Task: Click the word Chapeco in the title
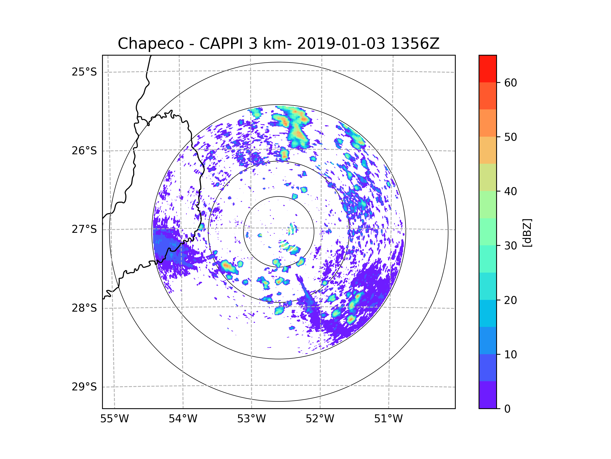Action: click(x=150, y=44)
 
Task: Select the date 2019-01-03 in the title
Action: click(x=341, y=44)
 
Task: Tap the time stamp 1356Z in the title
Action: click(x=415, y=44)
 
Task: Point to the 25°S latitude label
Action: click(x=84, y=72)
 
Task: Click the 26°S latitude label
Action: click(x=84, y=151)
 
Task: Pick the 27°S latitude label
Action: click(x=84, y=229)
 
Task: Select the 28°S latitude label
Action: click(x=84, y=308)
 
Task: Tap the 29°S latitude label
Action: click(x=84, y=387)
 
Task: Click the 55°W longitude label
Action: click(x=114, y=419)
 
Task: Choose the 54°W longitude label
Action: click(x=183, y=419)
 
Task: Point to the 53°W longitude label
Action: click(x=251, y=419)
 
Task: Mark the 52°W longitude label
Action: click(x=320, y=419)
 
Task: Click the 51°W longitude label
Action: click(x=388, y=419)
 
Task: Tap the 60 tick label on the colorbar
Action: click(x=510, y=83)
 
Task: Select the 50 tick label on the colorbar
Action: click(x=510, y=137)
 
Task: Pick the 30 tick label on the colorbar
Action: click(x=510, y=246)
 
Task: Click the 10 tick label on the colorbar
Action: click(x=510, y=354)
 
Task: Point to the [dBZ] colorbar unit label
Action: click(x=527, y=233)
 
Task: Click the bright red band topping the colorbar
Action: click(x=488, y=69)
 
